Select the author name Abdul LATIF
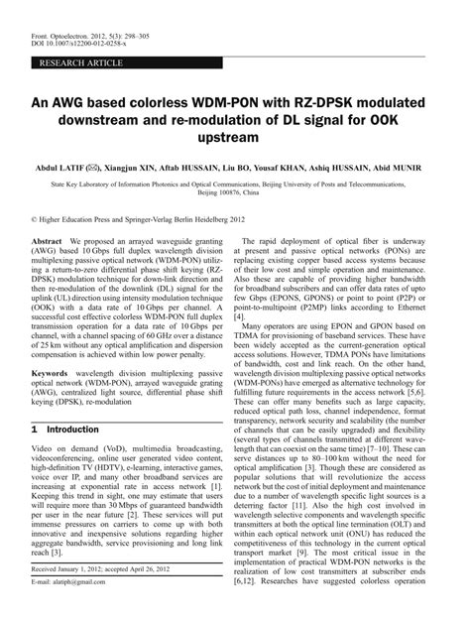click(63, 171)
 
